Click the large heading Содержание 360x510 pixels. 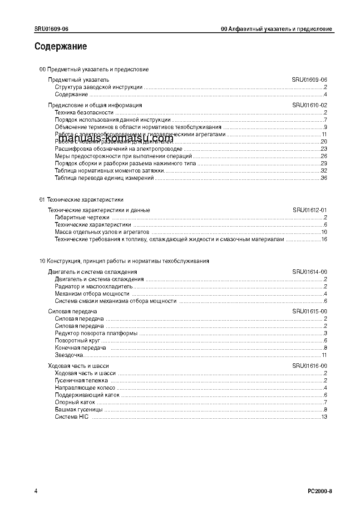60,46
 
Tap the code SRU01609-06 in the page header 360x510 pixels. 51,29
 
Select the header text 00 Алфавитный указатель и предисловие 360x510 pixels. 276,29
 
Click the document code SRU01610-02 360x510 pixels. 310,105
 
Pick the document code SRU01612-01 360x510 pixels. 310,210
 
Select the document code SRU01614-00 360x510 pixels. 310,272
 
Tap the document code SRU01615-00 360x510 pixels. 310,312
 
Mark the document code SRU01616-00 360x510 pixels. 310,366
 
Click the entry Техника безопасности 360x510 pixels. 84,113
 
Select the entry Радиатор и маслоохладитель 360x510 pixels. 94,287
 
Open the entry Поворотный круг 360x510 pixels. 77,341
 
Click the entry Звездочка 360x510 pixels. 69,355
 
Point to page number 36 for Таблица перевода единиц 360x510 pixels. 324,178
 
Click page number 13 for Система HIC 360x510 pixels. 324,417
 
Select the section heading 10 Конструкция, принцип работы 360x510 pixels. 124,261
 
